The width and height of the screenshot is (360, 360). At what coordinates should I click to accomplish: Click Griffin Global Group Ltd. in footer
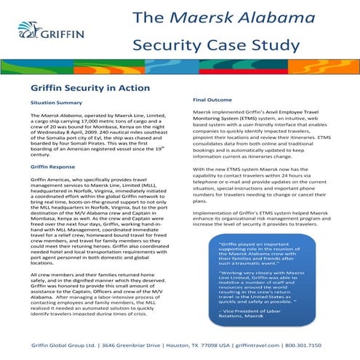tap(63, 344)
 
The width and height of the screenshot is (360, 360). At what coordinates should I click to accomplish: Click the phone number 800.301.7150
tap(315, 344)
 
